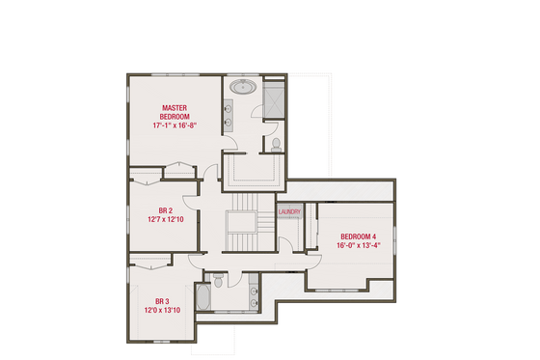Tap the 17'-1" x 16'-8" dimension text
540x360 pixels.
click(174, 125)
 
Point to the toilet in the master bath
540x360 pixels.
click(275, 145)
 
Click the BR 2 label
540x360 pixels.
click(165, 210)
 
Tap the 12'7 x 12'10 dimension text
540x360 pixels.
click(165, 220)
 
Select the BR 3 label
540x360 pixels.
click(162, 300)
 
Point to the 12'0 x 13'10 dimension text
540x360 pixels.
click(162, 310)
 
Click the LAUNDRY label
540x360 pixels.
click(289, 212)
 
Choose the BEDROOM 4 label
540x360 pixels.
click(358, 236)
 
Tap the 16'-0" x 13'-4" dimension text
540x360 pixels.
click(358, 246)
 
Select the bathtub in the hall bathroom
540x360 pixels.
click(202, 296)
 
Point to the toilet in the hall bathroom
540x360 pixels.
click(220, 281)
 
